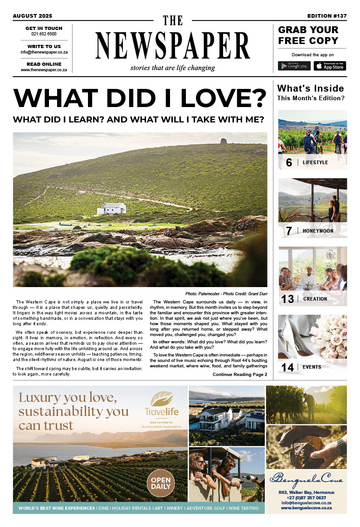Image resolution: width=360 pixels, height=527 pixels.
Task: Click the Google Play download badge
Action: click(x=294, y=66)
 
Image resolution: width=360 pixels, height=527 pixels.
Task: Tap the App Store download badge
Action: click(x=330, y=66)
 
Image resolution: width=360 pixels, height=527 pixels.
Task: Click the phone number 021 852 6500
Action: click(x=44, y=34)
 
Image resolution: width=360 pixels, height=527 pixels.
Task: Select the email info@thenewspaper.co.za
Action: click(x=44, y=52)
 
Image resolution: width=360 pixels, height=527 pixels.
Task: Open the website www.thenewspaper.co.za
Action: click(x=44, y=70)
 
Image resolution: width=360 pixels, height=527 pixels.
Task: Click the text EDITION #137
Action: click(x=326, y=16)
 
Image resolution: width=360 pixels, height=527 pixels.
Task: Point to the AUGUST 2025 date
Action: click(x=33, y=16)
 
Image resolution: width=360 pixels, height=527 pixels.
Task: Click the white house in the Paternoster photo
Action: click(x=112, y=209)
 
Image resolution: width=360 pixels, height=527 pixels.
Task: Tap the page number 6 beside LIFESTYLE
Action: click(x=289, y=162)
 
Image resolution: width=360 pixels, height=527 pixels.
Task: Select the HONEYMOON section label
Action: click(x=318, y=231)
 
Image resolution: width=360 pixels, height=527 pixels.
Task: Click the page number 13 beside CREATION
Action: click(x=288, y=299)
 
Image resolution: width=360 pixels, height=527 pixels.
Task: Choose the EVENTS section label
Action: click(x=312, y=367)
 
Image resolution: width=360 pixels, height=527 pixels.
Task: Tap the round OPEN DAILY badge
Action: click(x=161, y=483)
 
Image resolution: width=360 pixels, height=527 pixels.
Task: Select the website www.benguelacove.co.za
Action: click(x=306, y=508)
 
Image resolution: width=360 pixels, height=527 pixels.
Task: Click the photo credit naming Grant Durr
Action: click(x=226, y=294)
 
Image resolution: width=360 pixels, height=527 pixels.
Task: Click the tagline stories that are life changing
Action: click(x=172, y=68)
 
